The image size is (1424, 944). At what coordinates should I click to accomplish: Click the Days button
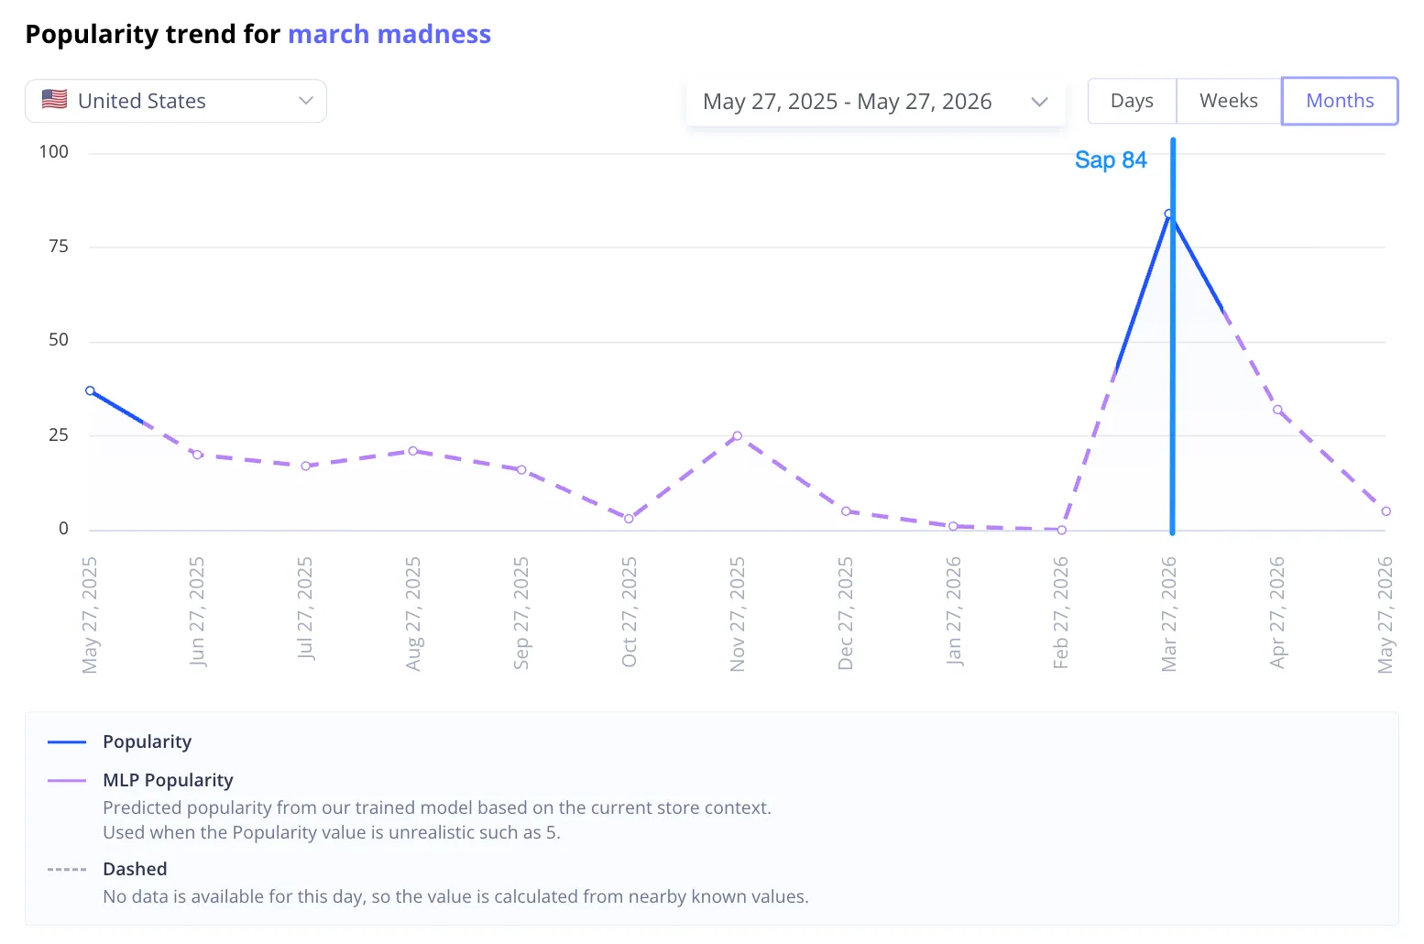1132,101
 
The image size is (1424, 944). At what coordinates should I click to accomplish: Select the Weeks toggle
1228,101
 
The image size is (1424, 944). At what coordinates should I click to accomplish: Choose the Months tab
1340,101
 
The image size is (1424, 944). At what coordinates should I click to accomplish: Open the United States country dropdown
176,101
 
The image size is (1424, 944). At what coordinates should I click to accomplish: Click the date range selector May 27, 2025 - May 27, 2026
875,101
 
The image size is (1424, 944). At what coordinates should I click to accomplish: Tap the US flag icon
55,99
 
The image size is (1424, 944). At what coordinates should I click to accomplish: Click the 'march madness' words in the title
389,34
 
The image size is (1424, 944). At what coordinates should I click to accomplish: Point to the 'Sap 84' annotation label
1111,159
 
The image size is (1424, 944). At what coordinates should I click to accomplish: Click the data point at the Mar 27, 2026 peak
1169,214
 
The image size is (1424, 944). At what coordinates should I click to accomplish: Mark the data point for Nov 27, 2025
738,436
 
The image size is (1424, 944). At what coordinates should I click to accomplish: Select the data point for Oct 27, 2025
629,519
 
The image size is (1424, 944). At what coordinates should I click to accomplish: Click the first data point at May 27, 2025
91,391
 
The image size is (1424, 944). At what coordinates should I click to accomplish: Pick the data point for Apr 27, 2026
1277,410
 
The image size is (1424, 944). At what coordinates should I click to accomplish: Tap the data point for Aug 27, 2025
413,451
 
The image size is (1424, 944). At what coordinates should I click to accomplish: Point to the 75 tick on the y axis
59,246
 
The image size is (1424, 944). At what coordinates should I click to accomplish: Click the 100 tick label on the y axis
53,152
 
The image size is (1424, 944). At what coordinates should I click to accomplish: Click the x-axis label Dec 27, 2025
845,613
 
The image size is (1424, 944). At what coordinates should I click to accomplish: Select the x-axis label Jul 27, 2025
304,609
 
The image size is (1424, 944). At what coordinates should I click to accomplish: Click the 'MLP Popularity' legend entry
168,780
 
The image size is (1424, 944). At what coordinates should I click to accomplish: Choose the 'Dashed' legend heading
135,869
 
